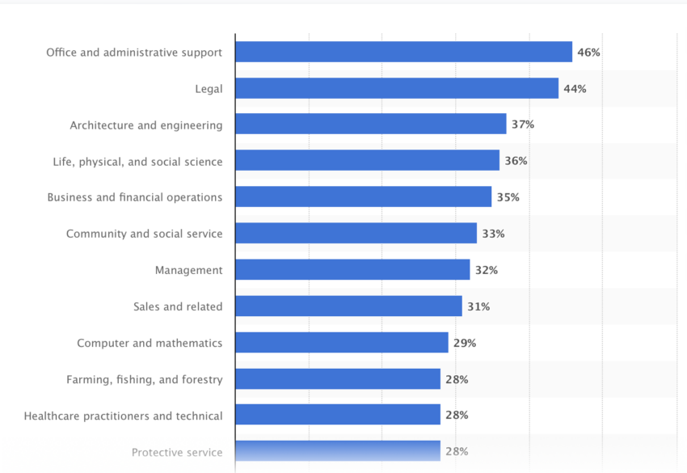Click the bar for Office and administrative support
click(x=403, y=52)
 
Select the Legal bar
click(x=397, y=88)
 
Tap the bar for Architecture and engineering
click(x=371, y=125)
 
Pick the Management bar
click(x=352, y=270)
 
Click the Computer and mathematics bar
click(x=342, y=343)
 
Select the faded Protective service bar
click(x=338, y=451)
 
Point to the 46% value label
click(x=588, y=53)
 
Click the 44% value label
click(x=575, y=89)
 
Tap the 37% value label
click(x=522, y=125)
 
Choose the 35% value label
click(x=508, y=197)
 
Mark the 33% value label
click(x=493, y=234)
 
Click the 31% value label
click(x=478, y=306)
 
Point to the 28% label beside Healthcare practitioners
click(x=457, y=416)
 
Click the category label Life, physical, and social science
click(x=137, y=162)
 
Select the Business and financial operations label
click(x=135, y=197)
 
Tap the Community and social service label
click(x=144, y=234)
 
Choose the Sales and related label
click(x=178, y=306)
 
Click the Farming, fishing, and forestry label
click(x=145, y=379)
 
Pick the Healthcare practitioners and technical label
click(x=124, y=416)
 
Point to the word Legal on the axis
click(x=209, y=89)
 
